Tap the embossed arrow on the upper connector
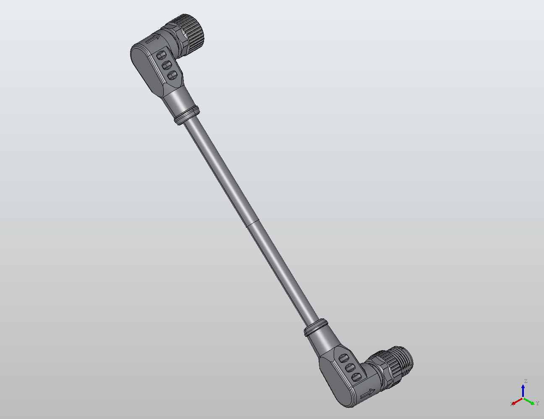152,40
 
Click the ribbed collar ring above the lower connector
316,327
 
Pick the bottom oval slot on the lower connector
356,376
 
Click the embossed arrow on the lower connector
368,394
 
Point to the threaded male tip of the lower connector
404,360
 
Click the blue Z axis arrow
523,390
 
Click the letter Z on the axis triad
525,381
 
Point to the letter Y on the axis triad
537,403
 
